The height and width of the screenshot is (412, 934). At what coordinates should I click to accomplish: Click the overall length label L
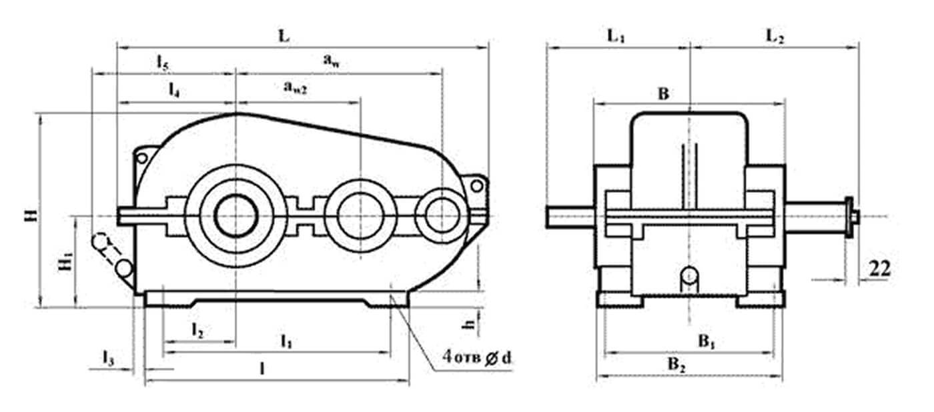point(284,36)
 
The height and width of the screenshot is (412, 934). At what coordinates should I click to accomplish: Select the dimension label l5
point(163,63)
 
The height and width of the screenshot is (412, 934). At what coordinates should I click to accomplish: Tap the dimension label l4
point(174,89)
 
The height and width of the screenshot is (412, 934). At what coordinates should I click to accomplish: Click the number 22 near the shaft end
point(880,269)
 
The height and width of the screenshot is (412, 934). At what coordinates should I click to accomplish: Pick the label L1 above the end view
point(616,37)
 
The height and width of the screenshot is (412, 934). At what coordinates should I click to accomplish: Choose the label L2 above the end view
point(775,37)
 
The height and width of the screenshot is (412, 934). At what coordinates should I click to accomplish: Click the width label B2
point(676,365)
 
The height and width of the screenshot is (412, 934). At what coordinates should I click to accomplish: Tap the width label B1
point(707,342)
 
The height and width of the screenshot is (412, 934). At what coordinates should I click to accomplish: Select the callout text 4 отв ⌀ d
point(476,357)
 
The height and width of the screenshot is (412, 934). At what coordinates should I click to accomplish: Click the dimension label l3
point(108,358)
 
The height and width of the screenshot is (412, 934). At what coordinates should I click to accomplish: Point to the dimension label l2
point(197,331)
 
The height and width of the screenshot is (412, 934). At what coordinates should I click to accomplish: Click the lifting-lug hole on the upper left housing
point(141,158)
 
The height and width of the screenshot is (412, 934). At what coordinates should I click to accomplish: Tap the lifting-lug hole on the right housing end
point(476,186)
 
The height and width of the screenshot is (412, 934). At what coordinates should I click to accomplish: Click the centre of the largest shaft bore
point(236,215)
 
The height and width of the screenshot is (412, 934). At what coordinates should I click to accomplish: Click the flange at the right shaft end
point(849,217)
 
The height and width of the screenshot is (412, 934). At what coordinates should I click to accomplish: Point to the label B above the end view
point(663,94)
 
